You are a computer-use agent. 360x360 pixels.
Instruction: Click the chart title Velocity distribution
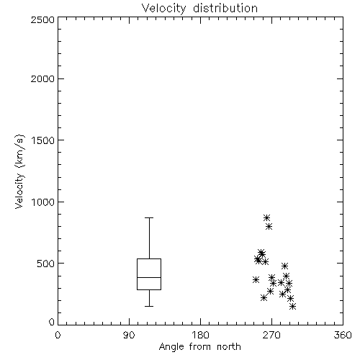(x=199, y=8)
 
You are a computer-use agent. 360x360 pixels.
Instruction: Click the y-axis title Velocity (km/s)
(x=19, y=171)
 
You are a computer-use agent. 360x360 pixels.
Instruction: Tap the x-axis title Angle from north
(x=199, y=346)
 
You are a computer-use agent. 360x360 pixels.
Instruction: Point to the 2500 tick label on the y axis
(x=42, y=19)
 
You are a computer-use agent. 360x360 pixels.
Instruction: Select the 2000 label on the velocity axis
(x=42, y=78)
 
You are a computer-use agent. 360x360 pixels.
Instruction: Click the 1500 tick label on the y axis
(x=43, y=140)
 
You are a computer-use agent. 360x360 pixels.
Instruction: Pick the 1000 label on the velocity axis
(x=43, y=202)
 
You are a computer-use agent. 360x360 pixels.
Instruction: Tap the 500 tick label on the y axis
(x=46, y=264)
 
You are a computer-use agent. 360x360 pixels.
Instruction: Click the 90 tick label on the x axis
(x=129, y=335)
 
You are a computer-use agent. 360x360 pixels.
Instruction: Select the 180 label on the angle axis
(x=200, y=335)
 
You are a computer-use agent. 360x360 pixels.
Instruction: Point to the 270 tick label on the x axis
(x=271, y=335)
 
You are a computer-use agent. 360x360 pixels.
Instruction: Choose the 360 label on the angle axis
(x=343, y=335)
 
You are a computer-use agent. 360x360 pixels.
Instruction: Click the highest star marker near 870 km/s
(x=266, y=218)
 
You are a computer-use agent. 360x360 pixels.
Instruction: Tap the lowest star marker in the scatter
(x=292, y=306)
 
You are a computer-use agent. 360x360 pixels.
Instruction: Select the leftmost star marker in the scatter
(x=256, y=279)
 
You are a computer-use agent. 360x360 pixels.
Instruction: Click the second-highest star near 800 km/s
(x=269, y=226)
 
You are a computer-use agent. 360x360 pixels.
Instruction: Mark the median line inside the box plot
(x=149, y=277)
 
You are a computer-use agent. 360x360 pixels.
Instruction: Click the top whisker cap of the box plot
(x=149, y=217)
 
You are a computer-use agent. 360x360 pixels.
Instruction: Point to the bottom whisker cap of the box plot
(x=149, y=306)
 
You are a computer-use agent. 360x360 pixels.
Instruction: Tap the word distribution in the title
(x=225, y=8)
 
